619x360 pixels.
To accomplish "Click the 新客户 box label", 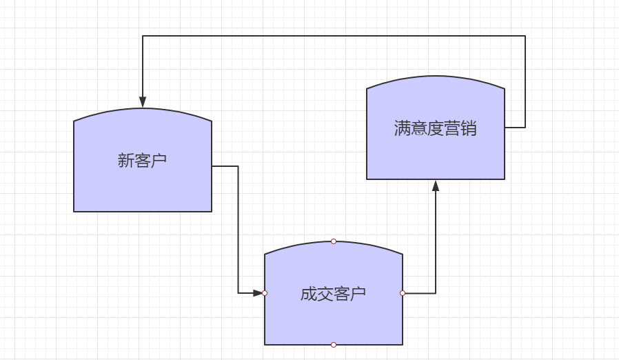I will click(x=142, y=161).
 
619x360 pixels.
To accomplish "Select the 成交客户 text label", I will click(x=333, y=294).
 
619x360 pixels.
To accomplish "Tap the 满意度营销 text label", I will click(x=435, y=128).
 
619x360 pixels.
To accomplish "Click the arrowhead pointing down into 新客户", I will click(x=143, y=102).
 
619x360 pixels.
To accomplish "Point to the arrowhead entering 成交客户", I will click(x=258, y=293).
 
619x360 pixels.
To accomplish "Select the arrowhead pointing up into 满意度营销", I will click(x=436, y=186).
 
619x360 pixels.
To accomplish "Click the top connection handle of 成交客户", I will click(x=334, y=241).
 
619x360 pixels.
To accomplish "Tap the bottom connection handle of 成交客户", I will click(x=334, y=344).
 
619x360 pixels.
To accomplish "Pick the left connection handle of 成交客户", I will click(x=265, y=293).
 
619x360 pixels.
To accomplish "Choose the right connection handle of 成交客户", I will click(x=403, y=293).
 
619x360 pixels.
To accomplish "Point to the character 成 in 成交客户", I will click(x=308, y=294).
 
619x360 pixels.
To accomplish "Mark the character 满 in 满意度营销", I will click(x=403, y=128).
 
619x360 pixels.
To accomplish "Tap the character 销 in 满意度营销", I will click(x=469, y=128).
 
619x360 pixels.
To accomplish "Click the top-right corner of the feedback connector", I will click(x=525, y=36).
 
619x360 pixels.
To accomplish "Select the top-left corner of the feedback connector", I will click(x=143, y=36).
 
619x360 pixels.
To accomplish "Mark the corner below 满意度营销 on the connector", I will click(x=436, y=293).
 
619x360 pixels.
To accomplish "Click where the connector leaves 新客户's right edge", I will click(x=212, y=166).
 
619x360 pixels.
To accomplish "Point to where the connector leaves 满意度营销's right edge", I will click(x=505, y=128).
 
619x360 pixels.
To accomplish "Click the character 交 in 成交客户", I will click(x=325, y=294).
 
